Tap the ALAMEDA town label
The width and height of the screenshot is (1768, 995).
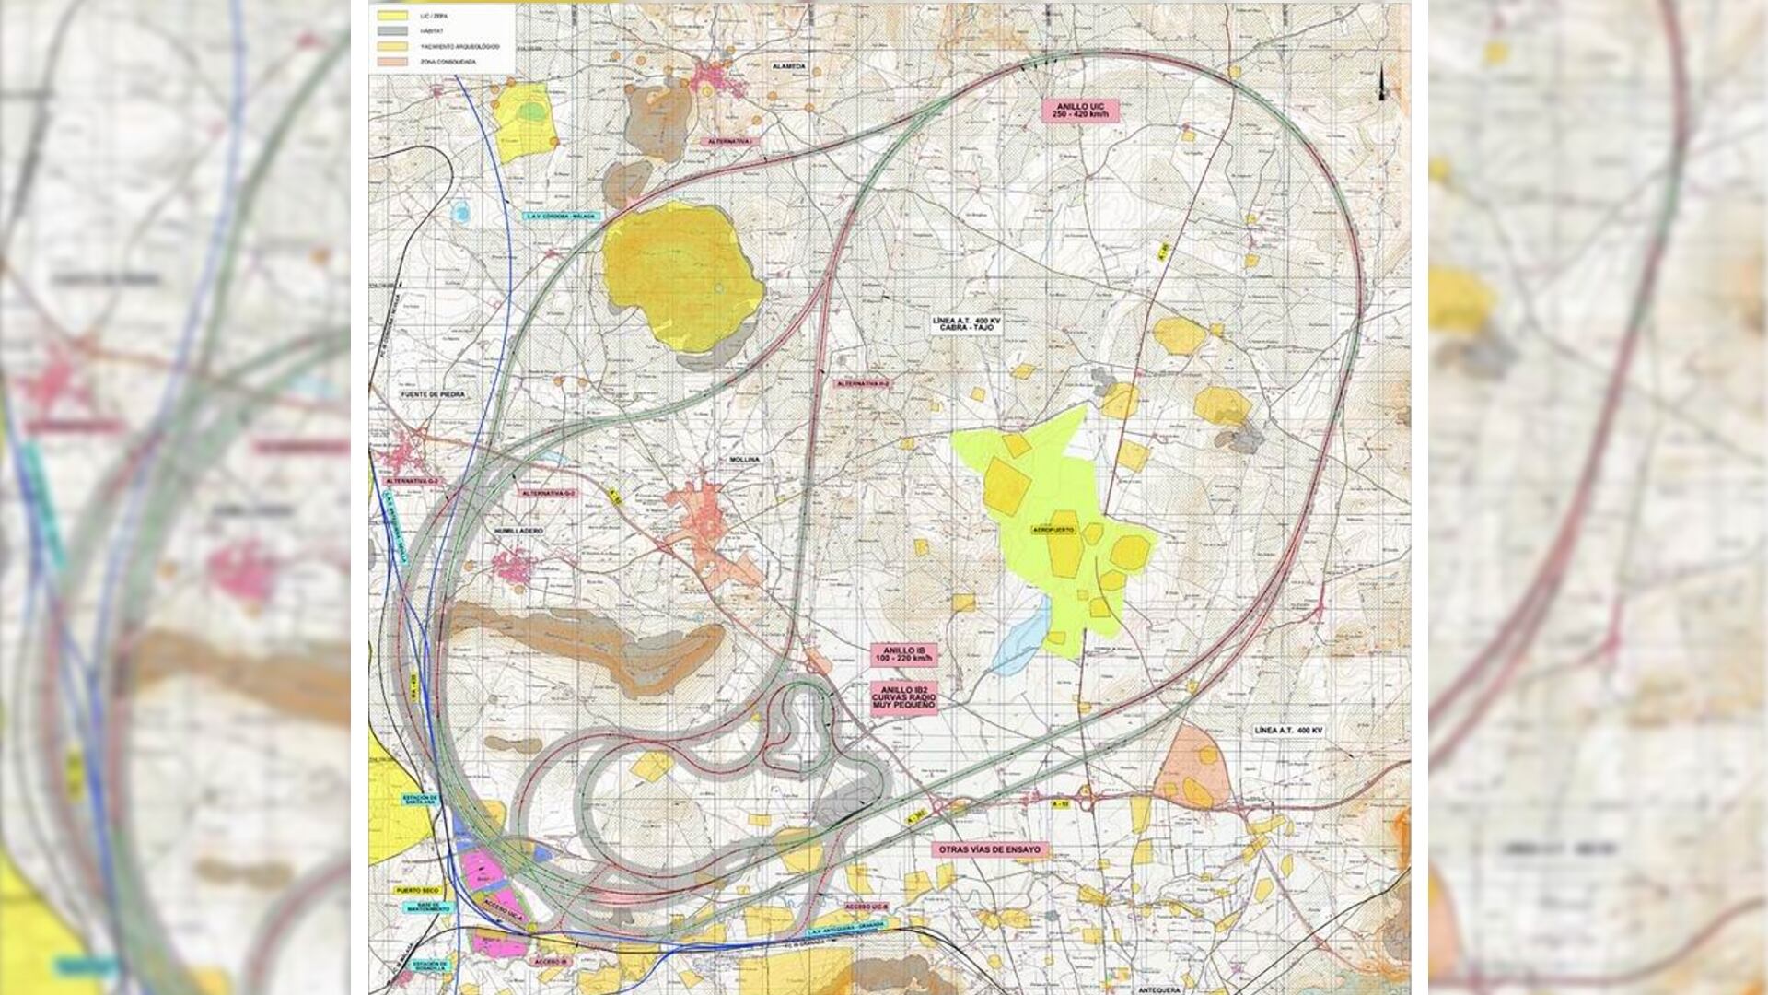[790, 67]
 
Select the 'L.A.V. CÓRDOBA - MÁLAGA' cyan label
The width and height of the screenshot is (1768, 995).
[560, 217]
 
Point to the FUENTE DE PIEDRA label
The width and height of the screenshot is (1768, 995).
[433, 394]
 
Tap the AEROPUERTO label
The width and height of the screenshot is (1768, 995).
[1053, 532]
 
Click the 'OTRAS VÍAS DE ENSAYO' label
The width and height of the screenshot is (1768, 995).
[990, 849]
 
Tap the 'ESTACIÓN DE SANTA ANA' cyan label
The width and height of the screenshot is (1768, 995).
[422, 800]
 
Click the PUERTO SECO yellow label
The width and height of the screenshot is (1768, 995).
[415, 891]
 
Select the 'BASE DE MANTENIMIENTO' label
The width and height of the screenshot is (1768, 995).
[428, 907]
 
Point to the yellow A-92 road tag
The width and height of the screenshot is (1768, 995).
[1061, 804]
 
